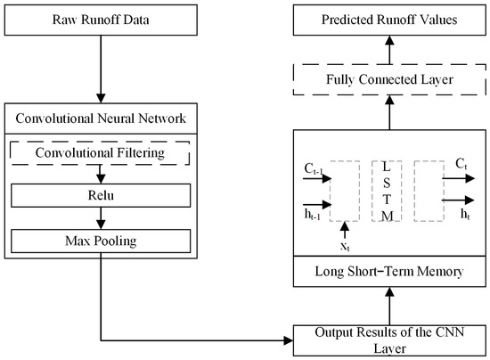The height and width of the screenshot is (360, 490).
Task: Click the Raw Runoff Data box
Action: tap(101, 20)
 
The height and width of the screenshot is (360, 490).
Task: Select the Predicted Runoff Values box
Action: tap(389, 20)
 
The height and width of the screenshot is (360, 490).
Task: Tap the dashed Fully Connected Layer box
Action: tap(389, 79)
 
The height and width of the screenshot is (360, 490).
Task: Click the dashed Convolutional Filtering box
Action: tap(100, 152)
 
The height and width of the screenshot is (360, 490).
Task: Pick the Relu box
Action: tap(101, 195)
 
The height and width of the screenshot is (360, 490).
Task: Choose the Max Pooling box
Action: tap(101, 241)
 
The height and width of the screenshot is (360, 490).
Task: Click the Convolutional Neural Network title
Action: tap(101, 119)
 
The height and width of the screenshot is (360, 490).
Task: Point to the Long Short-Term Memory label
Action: tap(389, 271)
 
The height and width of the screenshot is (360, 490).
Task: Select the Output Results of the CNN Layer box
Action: tap(389, 340)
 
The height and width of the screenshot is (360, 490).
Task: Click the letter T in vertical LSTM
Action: tap(387, 199)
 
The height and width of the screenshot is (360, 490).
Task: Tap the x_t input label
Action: tap(345, 247)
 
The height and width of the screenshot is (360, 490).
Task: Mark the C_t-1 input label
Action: tap(314, 169)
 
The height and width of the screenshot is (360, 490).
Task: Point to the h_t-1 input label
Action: tap(312, 215)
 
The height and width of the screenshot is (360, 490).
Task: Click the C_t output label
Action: tap(461, 164)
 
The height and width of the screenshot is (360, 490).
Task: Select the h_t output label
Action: tap(465, 214)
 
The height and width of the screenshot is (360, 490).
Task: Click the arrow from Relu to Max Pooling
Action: tap(101, 218)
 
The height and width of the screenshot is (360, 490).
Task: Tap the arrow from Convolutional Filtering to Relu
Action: tap(101, 174)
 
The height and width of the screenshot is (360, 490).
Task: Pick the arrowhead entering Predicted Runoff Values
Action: tap(389, 41)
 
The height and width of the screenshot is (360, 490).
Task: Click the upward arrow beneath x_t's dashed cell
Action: tap(345, 230)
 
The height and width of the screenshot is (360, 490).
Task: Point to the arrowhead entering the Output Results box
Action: tap(288, 340)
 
